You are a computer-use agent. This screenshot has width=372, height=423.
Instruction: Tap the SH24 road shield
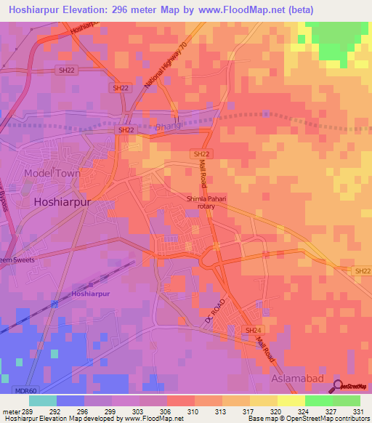tap(252, 329)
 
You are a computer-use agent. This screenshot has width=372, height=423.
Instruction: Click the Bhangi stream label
tap(167, 126)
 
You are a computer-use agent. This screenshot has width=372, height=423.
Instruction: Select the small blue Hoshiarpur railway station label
tap(92, 294)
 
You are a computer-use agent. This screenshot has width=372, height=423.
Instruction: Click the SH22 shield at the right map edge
tap(363, 270)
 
